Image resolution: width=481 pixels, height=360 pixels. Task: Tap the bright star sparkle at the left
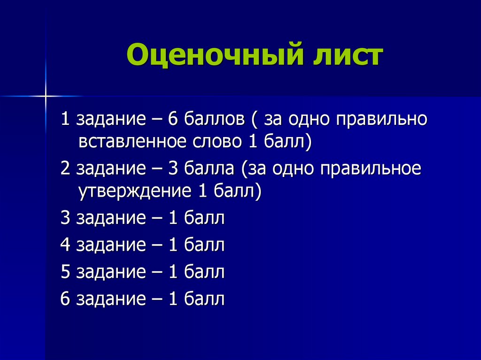pos(46,96)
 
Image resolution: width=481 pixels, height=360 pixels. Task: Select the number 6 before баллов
pos(172,119)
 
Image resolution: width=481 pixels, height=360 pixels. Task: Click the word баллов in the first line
pos(214,119)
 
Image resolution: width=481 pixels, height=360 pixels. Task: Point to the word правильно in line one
pos(381,119)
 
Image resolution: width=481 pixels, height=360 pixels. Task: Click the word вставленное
pos(132,141)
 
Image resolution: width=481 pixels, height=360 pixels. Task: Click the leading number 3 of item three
pos(65,219)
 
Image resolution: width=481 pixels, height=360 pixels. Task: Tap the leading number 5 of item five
pos(65,272)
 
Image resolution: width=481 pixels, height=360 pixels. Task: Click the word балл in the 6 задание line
pos(204,299)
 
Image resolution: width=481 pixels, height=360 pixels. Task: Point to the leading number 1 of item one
pos(65,119)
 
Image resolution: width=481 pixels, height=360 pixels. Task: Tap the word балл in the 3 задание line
pos(204,219)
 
